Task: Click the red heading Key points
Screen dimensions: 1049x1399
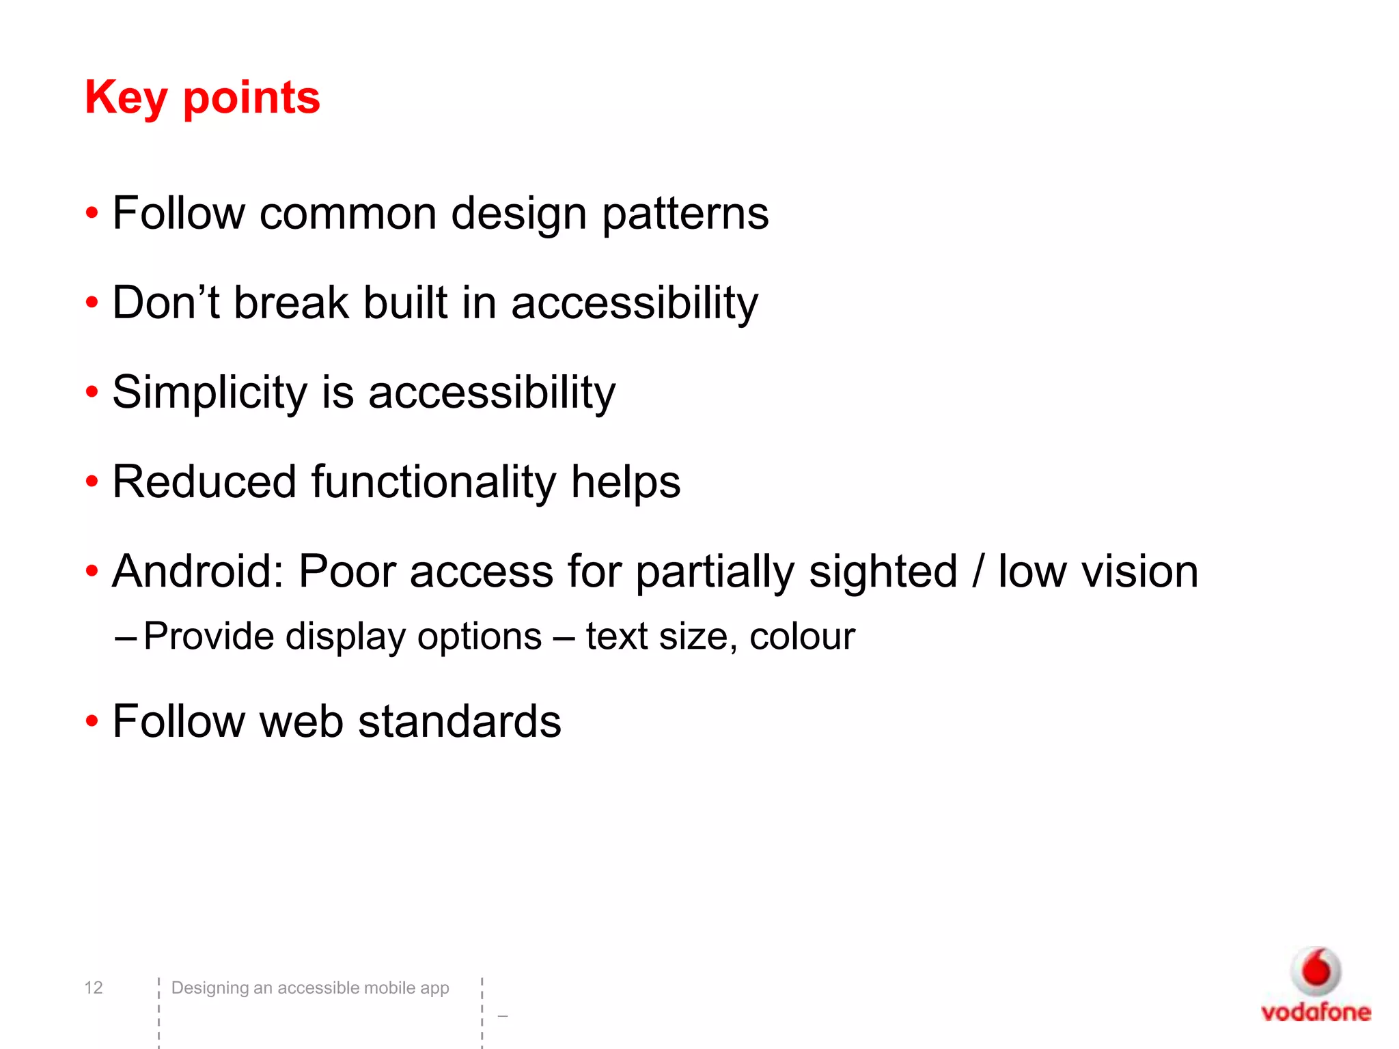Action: click(202, 98)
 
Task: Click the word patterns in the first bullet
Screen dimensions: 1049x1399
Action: click(685, 214)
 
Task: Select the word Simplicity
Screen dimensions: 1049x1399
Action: click(210, 393)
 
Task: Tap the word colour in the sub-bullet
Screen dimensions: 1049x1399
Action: click(802, 637)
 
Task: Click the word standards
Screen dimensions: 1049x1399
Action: click(459, 721)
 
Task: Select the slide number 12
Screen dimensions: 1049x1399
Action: click(94, 988)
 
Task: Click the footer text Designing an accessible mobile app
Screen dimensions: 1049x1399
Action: click(310, 988)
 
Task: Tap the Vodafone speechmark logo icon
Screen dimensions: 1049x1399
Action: click(1316, 970)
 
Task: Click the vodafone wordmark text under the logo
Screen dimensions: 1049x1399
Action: click(1316, 1012)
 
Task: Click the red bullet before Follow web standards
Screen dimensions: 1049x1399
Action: click(92, 722)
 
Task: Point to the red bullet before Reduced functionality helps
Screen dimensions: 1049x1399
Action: click(92, 482)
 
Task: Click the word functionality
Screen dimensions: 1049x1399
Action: click(434, 481)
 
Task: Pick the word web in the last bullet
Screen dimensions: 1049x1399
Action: click(301, 721)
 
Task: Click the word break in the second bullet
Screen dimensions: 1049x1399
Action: click(292, 303)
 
